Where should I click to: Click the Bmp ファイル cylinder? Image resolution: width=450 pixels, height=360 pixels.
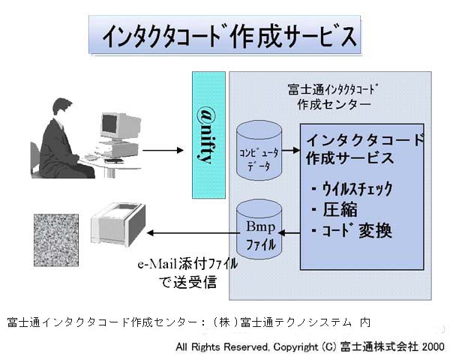(x=258, y=230)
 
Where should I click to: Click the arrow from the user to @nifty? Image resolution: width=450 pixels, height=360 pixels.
(x=162, y=151)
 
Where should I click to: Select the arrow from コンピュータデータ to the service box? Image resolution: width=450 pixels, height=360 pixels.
(x=289, y=152)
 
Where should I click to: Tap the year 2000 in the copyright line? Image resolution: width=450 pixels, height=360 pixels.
(x=433, y=347)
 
